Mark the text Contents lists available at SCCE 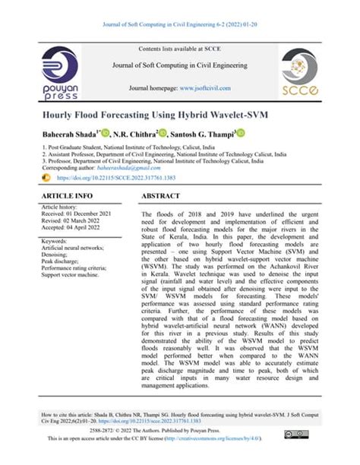[180, 49]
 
